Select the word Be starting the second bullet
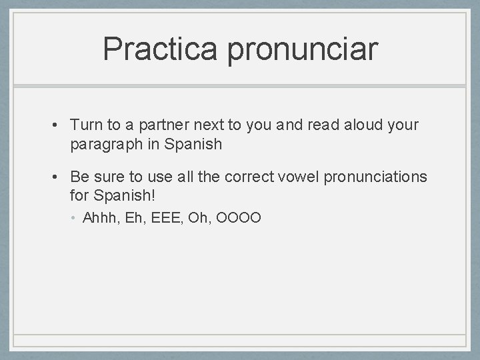79,177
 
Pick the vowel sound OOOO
241,217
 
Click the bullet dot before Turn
59,125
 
